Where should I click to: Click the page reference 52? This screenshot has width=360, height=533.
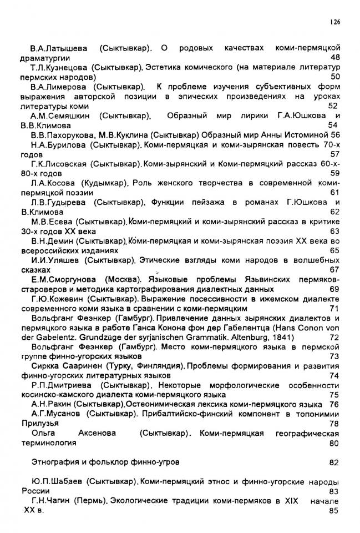pyautogui.click(x=333, y=105)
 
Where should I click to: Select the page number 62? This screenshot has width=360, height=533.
pyautogui.click(x=334, y=212)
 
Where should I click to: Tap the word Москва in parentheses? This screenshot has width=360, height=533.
pyautogui.click(x=120, y=279)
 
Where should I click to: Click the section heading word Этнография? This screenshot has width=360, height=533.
pyautogui.click(x=55, y=462)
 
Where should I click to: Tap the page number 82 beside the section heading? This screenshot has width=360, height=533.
pyautogui.click(x=333, y=462)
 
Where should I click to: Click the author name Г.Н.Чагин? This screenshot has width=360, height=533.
pyautogui.click(x=51, y=501)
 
